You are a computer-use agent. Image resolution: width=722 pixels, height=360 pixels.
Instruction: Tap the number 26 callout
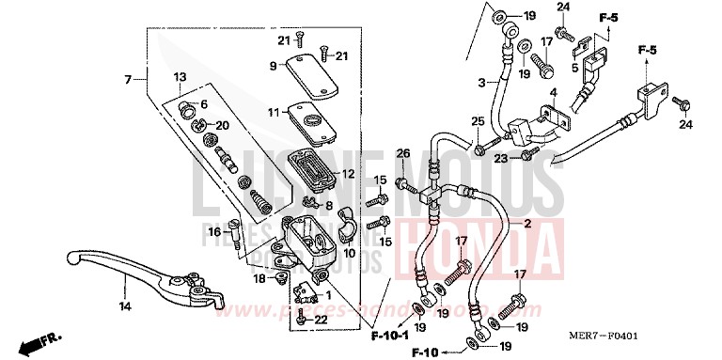click(402, 154)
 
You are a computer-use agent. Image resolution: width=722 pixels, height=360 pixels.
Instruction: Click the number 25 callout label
click(478, 122)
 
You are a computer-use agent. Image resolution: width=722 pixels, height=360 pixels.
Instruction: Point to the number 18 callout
click(259, 277)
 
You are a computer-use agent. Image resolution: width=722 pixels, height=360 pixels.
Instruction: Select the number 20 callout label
click(222, 125)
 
